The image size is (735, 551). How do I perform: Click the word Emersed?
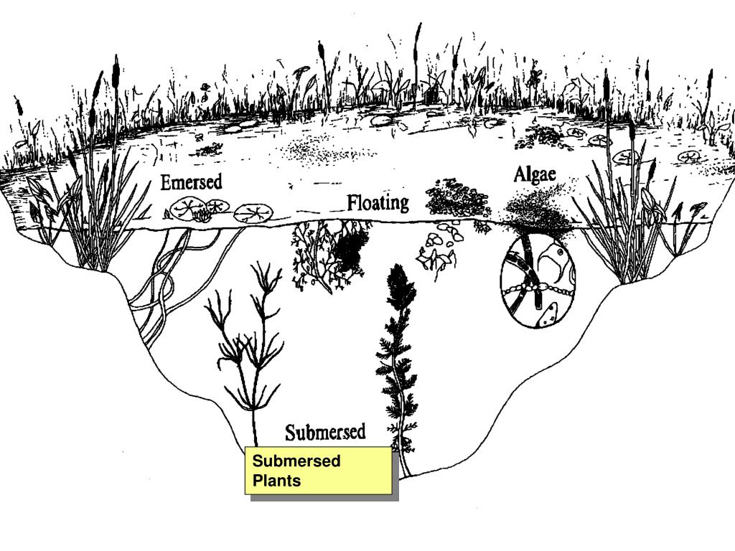point(191,183)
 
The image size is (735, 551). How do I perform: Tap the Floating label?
point(378,203)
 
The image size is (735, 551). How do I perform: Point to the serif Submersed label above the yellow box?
point(325,432)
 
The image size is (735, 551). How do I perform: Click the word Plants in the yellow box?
point(276,480)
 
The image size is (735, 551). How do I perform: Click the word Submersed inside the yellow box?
point(296,461)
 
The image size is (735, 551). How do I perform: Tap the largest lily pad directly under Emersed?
point(188,207)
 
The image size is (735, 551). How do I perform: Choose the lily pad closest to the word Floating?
point(254,212)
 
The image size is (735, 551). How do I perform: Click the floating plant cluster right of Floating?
point(457,198)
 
